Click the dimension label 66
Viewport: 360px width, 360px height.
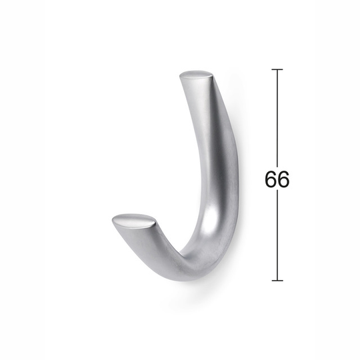click(277, 179)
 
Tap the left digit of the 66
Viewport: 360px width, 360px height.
click(271, 179)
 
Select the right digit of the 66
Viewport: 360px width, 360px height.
click(284, 179)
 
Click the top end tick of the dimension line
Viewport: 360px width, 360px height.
click(277, 69)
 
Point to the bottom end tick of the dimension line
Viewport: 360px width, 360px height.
click(277, 280)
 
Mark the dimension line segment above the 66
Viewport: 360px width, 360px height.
click(277, 118)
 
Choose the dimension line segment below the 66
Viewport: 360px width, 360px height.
click(277, 235)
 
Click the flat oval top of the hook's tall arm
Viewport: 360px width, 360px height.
click(195, 75)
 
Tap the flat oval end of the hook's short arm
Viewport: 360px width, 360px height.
click(133, 221)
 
